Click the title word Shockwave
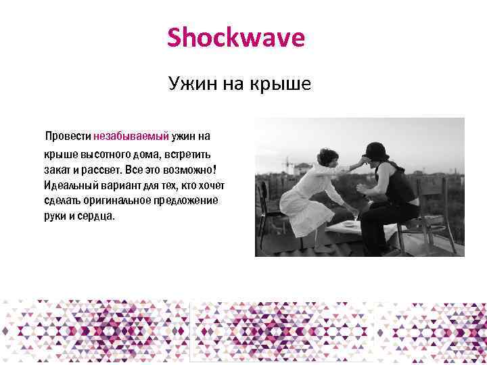236,38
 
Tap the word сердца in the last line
99,217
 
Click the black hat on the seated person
377,151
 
